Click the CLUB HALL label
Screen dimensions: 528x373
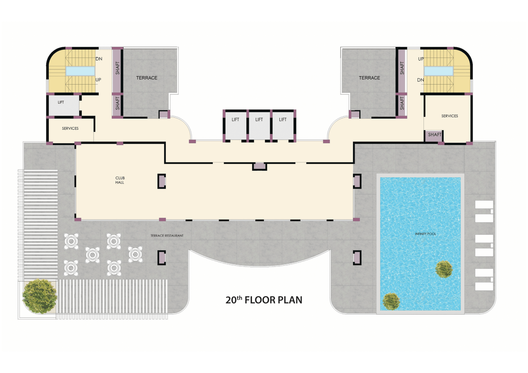tap(120, 180)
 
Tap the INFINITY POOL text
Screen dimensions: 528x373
tap(425, 234)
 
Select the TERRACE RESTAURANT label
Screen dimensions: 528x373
tap(167, 236)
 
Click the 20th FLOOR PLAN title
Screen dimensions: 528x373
tap(264, 300)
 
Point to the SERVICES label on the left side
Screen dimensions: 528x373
tap(70, 128)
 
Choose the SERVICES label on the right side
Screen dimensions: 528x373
tap(449, 116)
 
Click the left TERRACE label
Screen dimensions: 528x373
tap(147, 78)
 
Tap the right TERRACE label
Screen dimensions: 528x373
tap(369, 78)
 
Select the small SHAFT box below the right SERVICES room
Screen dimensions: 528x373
tap(434, 136)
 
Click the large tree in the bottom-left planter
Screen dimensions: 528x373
tap(40, 296)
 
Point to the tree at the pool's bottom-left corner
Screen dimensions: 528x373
tap(391, 302)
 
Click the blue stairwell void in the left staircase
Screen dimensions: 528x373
tap(80, 71)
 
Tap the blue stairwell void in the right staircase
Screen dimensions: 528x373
tap(439, 71)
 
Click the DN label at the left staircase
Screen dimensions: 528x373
tap(99, 59)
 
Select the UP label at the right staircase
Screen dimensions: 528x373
tap(421, 59)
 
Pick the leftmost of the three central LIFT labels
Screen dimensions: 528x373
tap(235, 119)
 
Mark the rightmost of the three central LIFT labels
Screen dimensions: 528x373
tap(282, 119)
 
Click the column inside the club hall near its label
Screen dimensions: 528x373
tap(162, 181)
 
